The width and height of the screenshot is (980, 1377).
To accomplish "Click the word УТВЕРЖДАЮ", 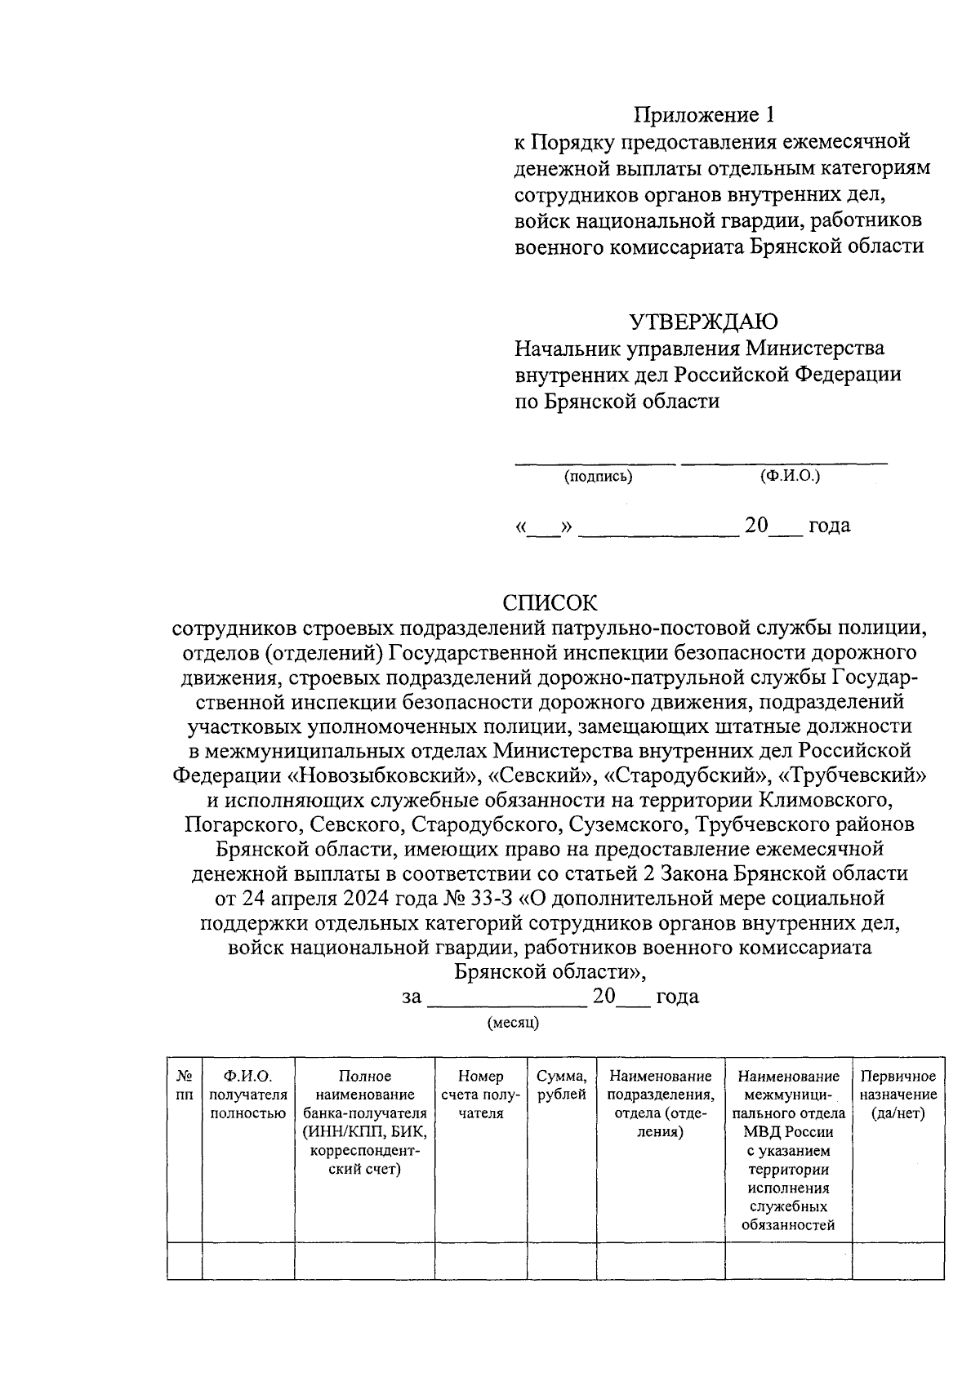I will pyautogui.click(x=703, y=322).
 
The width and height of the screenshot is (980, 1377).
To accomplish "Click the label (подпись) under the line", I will pyautogui.click(x=598, y=477).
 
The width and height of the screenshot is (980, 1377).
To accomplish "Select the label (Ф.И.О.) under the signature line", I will pyautogui.click(x=789, y=476).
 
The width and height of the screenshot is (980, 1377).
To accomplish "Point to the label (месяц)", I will pyautogui.click(x=513, y=1022).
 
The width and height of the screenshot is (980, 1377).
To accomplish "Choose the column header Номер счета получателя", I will pyautogui.click(x=480, y=1095).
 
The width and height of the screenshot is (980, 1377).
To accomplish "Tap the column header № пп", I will pyautogui.click(x=184, y=1086).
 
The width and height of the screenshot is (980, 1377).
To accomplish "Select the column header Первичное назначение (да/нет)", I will pyautogui.click(x=898, y=1095).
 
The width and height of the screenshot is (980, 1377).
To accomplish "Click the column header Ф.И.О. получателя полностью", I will pyautogui.click(x=247, y=1095).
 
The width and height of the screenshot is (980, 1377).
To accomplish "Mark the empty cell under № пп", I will pyautogui.click(x=184, y=1260).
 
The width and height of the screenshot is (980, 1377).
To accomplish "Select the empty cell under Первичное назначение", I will pyautogui.click(x=898, y=1260).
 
